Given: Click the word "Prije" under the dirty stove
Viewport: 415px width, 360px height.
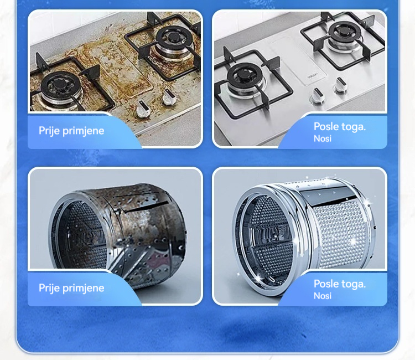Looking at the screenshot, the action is [49, 131].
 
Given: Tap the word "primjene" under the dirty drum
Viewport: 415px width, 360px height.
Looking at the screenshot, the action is [83, 288].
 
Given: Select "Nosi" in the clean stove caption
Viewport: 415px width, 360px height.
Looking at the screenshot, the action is [323, 138].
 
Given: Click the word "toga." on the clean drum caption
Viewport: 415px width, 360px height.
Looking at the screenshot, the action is [353, 284].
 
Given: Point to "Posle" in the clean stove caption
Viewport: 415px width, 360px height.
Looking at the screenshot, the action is [326, 126].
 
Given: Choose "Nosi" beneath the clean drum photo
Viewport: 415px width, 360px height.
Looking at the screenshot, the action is [323, 296].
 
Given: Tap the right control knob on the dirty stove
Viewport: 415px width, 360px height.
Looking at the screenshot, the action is [169, 97].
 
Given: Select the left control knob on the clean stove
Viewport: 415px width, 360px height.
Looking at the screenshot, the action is [317, 96].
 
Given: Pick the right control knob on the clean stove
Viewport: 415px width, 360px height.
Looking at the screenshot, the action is [341, 85].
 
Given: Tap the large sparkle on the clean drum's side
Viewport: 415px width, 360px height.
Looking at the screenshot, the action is [352, 241].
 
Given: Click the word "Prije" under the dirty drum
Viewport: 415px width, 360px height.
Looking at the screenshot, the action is [49, 288].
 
